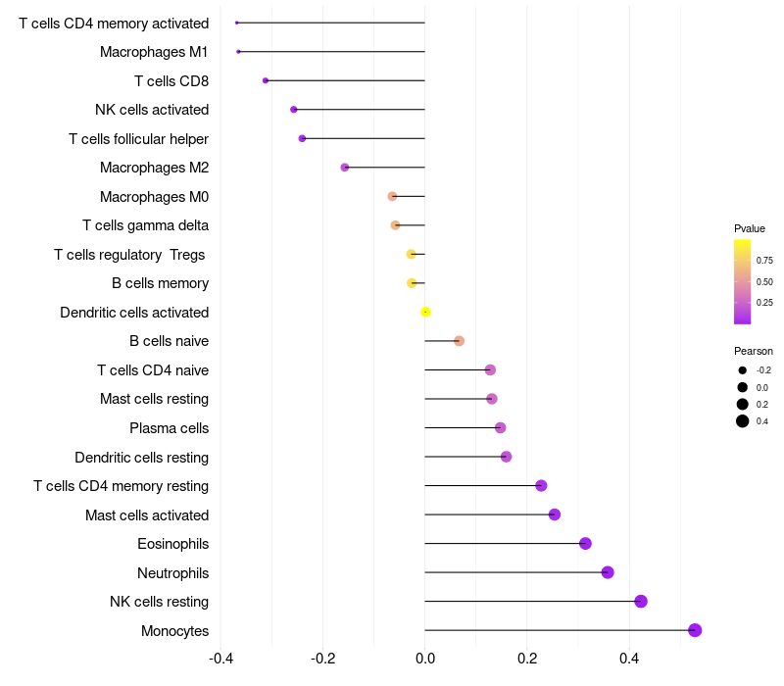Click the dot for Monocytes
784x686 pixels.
[x=695, y=630]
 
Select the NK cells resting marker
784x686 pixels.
[x=641, y=601]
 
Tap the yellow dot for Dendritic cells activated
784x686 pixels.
[x=425, y=312]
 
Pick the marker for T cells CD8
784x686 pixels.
[x=266, y=80]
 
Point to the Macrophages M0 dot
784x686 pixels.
[x=393, y=197]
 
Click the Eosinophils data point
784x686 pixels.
[x=585, y=543]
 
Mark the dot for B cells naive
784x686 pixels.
[x=459, y=341]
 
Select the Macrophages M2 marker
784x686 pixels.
[x=345, y=167]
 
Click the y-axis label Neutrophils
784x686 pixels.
[x=173, y=573]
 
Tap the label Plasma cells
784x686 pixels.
[x=169, y=428]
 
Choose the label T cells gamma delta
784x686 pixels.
[x=145, y=225]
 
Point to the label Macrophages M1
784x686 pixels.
[x=154, y=52]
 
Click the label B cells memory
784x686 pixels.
[x=160, y=283]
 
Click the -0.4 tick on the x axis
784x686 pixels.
[x=221, y=658]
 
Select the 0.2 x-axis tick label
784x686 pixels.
[x=527, y=658]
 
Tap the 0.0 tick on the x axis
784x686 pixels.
[x=425, y=658]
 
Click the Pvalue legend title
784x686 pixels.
[x=750, y=228]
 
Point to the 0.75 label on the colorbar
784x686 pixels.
[x=764, y=260]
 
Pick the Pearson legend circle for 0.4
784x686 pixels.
[x=743, y=421]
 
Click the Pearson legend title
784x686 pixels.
[x=754, y=351]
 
